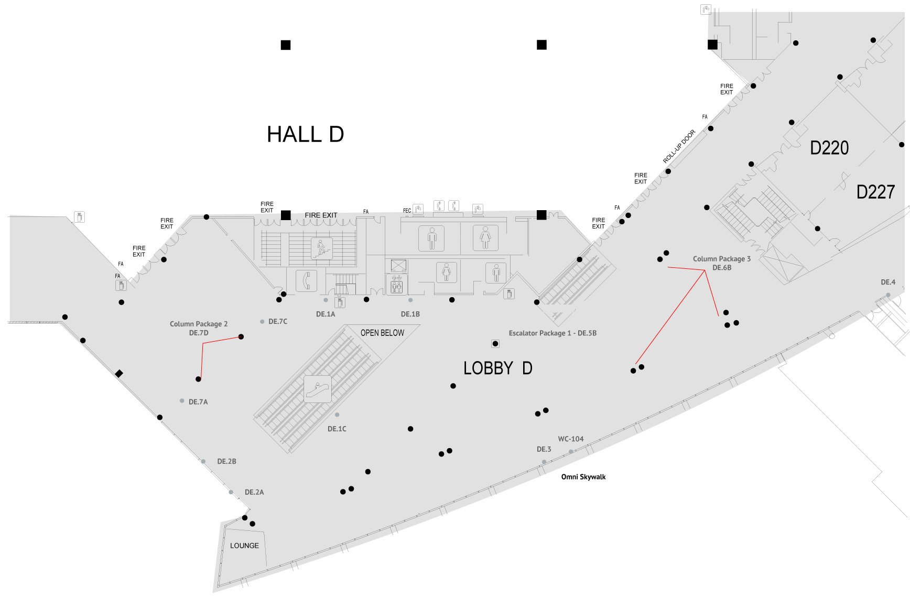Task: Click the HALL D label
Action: [305, 135]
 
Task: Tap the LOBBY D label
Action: [497, 368]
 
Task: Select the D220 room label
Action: [829, 148]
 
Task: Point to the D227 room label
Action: [875, 192]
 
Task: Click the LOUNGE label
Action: [244, 546]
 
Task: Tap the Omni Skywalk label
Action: [583, 477]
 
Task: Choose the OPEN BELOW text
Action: [382, 333]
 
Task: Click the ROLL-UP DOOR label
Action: [679, 146]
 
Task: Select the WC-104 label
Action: [570, 439]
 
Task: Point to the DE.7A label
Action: [198, 402]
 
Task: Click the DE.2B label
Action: [226, 462]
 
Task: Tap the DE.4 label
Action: [887, 282]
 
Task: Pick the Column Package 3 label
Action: [721, 259]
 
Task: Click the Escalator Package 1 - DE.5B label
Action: [552, 333]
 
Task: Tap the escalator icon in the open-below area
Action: [318, 389]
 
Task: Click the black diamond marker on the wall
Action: [119, 374]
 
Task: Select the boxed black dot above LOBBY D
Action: [495, 344]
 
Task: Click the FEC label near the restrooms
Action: [407, 211]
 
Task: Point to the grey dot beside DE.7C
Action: [262, 322]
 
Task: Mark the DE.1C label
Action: [337, 429]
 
